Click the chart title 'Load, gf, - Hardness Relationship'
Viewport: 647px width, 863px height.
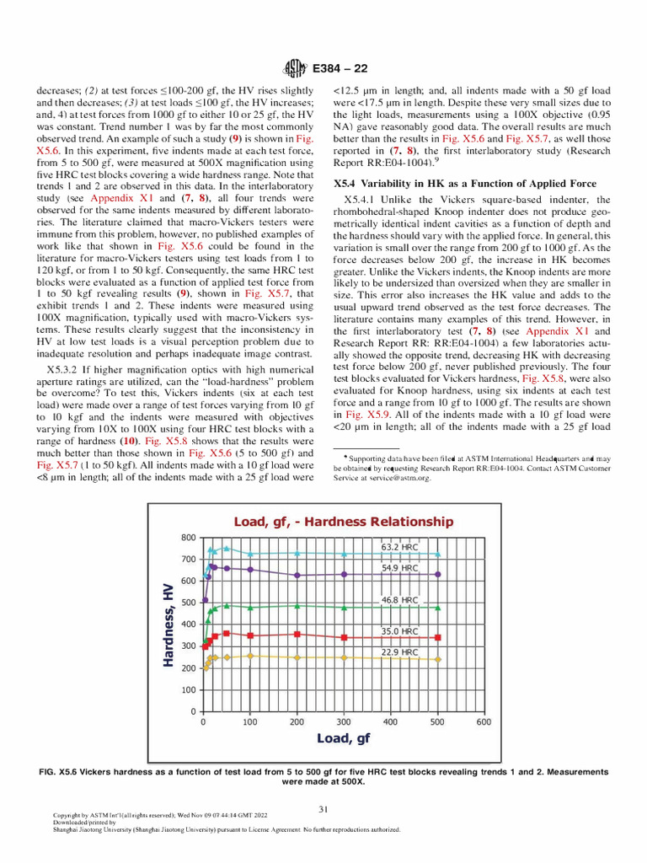(x=344, y=522)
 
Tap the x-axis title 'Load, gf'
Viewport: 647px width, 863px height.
(x=344, y=738)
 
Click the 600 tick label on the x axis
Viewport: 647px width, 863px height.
(x=484, y=722)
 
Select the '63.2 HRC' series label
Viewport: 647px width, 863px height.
(x=400, y=546)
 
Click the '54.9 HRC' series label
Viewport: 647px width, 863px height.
(x=400, y=568)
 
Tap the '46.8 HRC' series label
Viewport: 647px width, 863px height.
(x=400, y=600)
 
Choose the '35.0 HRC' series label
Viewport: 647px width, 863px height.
(x=400, y=630)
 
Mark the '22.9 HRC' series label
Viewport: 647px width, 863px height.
(x=400, y=652)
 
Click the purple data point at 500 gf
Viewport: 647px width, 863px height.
(x=436, y=574)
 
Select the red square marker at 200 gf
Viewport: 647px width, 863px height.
(x=297, y=634)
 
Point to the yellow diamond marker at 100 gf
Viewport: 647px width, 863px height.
(x=250, y=655)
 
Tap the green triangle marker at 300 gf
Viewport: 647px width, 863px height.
(x=343, y=607)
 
